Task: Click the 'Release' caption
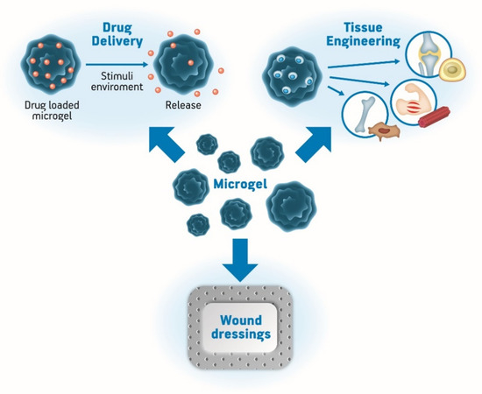point(183,107)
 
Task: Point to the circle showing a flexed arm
point(415,104)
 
